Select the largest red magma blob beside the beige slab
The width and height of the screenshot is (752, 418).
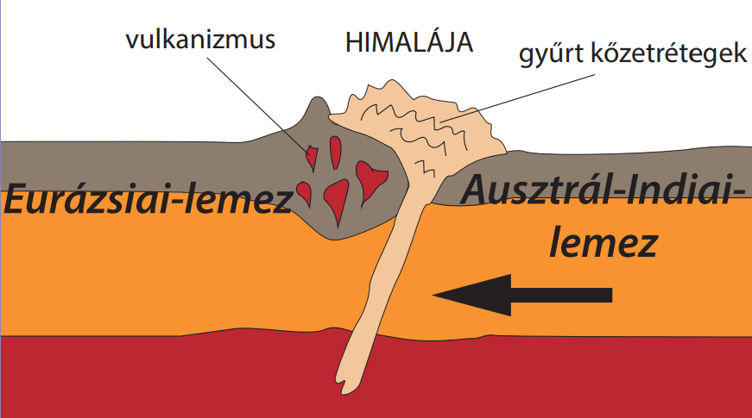pos(370,178)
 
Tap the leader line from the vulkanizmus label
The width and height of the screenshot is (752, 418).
pos(259,103)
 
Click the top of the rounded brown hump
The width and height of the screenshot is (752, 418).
pos(318,100)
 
